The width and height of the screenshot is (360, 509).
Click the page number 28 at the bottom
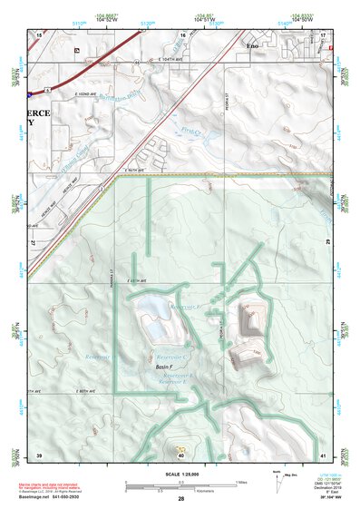[181, 500]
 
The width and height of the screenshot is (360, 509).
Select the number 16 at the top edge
[181, 34]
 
